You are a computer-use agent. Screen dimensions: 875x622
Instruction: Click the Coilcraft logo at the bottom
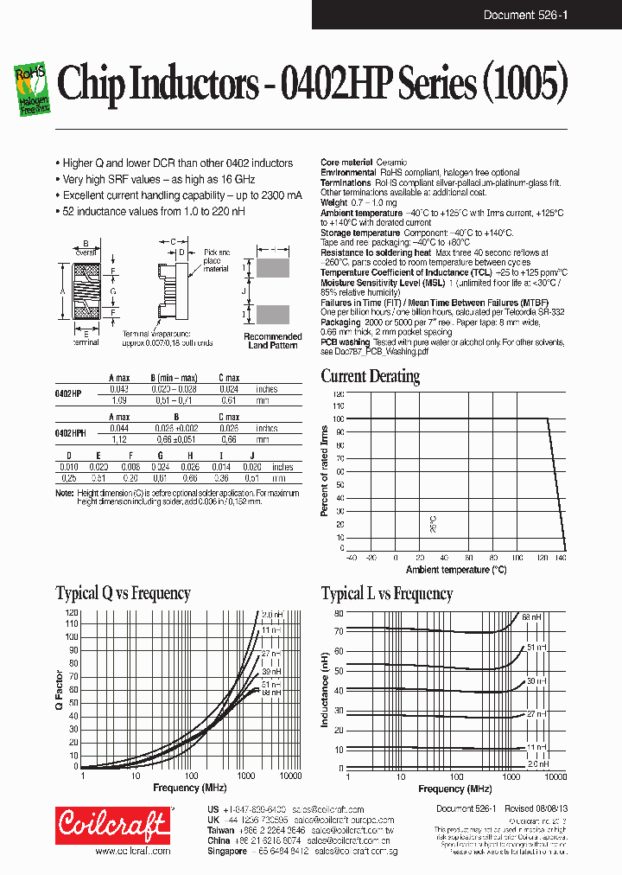112,825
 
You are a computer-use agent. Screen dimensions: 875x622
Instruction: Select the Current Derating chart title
370,376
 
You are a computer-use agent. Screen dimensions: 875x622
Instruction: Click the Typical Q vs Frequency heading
123,593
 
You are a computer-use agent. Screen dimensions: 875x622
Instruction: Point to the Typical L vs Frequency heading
386,593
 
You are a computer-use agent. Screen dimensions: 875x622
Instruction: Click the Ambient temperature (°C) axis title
455,570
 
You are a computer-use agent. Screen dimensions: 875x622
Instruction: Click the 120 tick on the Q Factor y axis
72,612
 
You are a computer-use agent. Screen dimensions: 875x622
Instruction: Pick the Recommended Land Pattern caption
272,342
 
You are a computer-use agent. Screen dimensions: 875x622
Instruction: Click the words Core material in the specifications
346,163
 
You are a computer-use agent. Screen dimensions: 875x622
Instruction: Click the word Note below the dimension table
65,493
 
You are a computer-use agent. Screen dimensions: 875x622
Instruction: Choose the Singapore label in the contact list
228,850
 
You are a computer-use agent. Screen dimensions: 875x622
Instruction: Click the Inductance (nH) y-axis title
325,689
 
